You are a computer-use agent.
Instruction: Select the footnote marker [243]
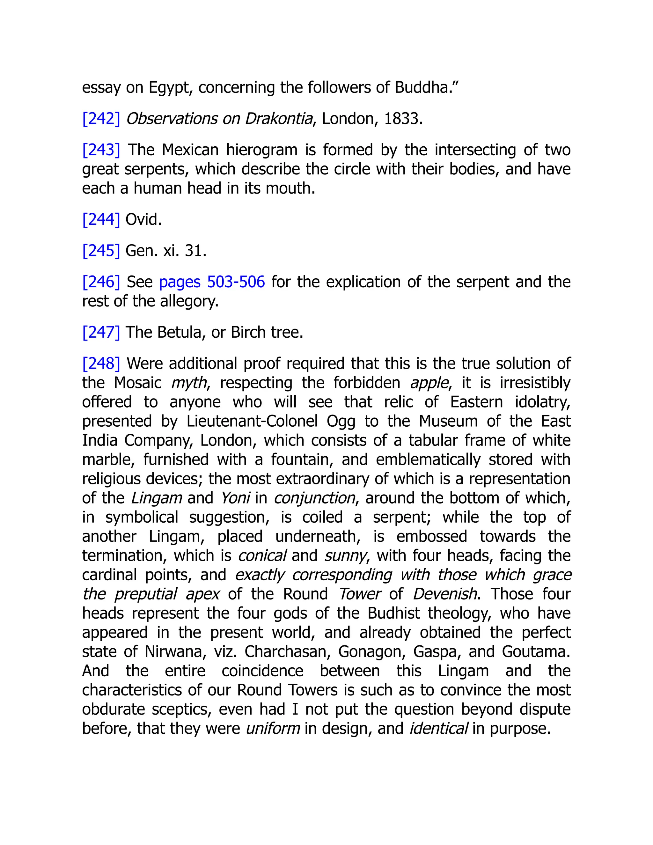pyautogui.click(x=101, y=150)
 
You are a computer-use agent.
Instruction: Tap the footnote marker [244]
pyautogui.click(x=101, y=220)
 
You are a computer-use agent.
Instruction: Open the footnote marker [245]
pyautogui.click(x=101, y=251)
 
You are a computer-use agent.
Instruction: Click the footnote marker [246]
pyautogui.click(x=101, y=282)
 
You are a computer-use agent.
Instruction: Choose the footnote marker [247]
pyautogui.click(x=101, y=332)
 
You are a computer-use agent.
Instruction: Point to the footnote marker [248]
pyautogui.click(x=101, y=364)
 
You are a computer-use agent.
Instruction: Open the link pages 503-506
pyautogui.click(x=212, y=282)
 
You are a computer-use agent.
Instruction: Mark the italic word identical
pyautogui.click(x=438, y=729)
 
